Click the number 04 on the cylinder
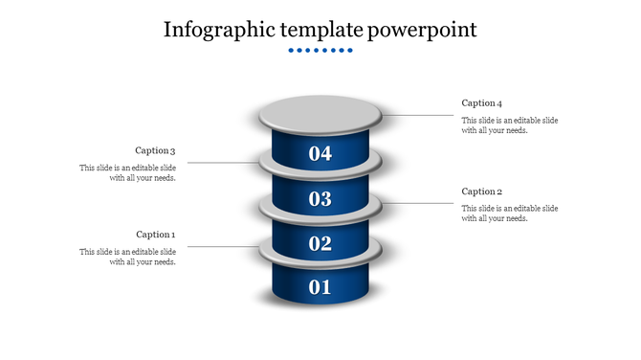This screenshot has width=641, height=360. [320, 153]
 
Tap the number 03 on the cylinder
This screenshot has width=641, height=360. [320, 199]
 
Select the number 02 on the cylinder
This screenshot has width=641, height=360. [320, 243]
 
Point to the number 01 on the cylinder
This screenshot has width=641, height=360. [320, 286]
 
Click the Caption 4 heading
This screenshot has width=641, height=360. [481, 102]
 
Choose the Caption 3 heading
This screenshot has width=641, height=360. [155, 150]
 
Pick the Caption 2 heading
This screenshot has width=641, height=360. [481, 191]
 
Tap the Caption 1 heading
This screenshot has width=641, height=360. [155, 235]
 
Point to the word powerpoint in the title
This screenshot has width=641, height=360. [422, 30]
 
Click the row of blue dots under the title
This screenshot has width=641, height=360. [320, 50]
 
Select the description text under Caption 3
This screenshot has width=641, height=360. [127, 173]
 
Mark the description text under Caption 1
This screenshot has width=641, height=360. [127, 257]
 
